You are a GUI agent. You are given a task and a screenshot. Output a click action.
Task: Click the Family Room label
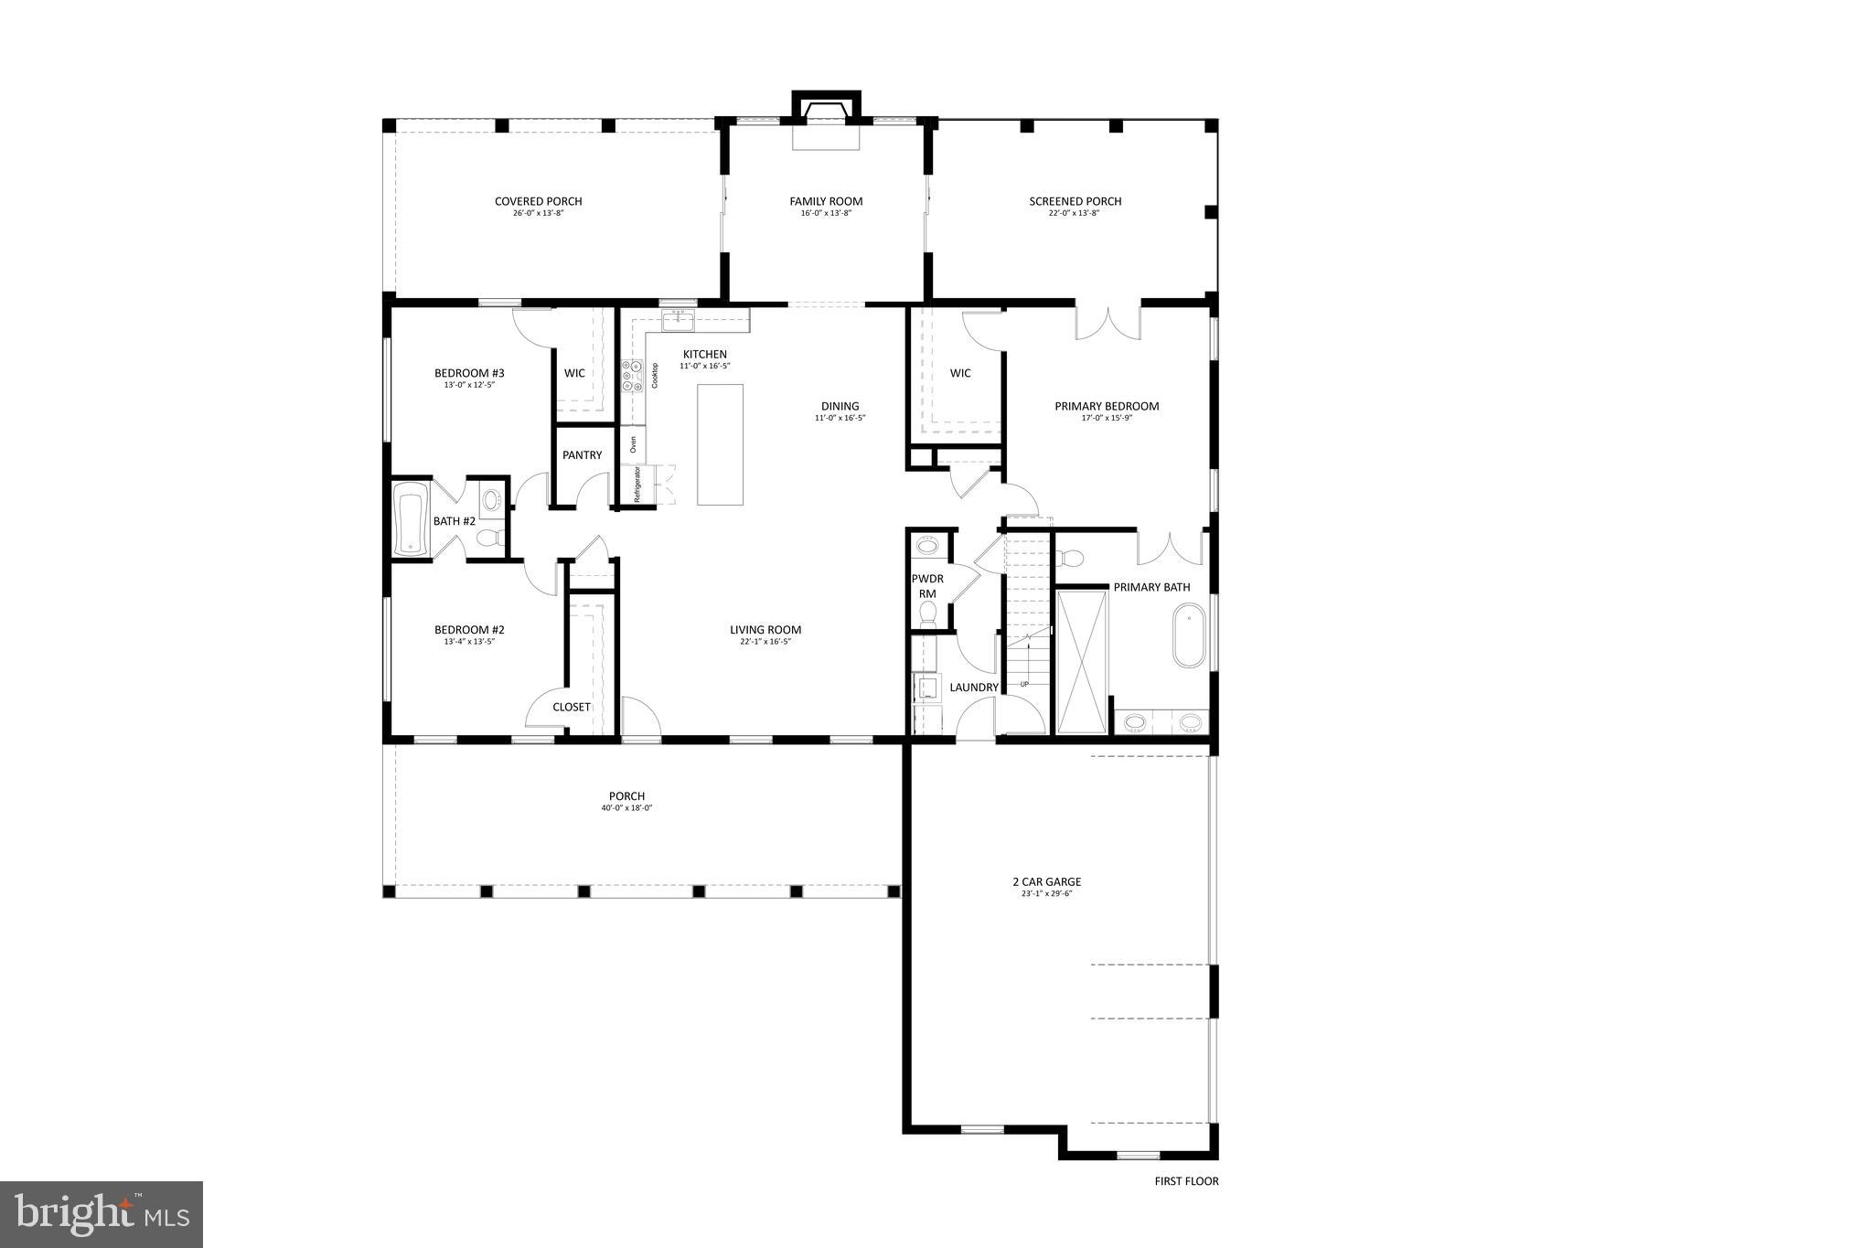[x=826, y=201]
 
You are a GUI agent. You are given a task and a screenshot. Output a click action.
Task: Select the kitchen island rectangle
[x=720, y=444]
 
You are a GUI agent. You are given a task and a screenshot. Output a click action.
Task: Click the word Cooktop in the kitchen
[x=655, y=376]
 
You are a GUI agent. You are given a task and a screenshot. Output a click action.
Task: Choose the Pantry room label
[x=582, y=455]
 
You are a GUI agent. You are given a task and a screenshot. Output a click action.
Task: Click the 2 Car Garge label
[x=1046, y=882]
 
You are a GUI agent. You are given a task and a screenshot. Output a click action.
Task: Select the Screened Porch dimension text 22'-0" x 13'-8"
[x=1075, y=213]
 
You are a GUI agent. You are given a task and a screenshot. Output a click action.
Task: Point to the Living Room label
[x=765, y=630]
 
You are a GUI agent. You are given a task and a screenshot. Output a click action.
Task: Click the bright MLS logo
[x=102, y=1214]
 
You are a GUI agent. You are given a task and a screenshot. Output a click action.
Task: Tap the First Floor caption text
[x=1186, y=1181]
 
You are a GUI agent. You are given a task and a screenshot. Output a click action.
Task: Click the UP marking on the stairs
[x=1024, y=684]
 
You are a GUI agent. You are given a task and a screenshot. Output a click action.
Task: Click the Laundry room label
[x=973, y=688]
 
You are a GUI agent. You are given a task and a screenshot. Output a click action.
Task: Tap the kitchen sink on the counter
[x=678, y=321]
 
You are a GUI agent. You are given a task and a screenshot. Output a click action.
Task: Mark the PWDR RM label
[x=927, y=586]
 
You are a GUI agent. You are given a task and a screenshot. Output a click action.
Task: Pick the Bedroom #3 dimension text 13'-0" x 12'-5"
[x=469, y=385]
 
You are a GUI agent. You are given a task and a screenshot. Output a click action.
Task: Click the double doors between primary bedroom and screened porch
[x=1108, y=325]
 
